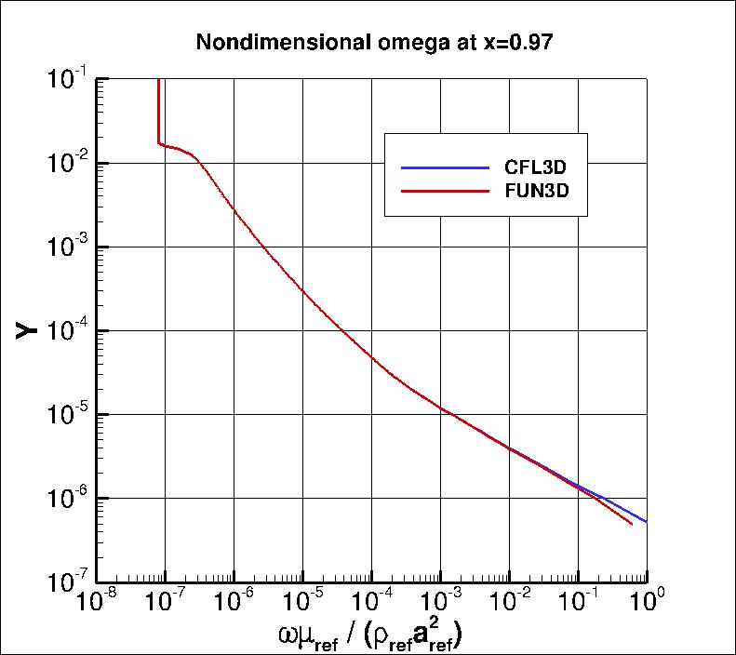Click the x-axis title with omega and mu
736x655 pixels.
(369, 636)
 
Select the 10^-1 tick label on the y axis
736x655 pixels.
(68, 81)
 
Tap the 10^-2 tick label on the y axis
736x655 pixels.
(68, 165)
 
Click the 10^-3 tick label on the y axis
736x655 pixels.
(68, 248)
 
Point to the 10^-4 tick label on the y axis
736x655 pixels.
(68, 332)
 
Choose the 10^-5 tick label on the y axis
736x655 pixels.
(68, 416)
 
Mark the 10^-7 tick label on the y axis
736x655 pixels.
(68, 583)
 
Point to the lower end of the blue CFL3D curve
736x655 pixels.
(645, 521)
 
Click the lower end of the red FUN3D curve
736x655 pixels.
(632, 524)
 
